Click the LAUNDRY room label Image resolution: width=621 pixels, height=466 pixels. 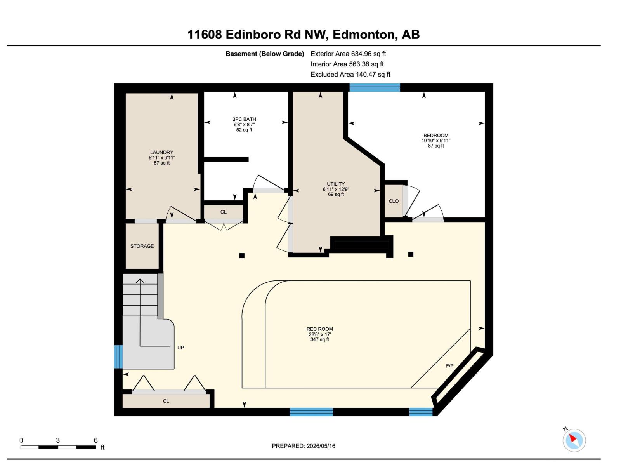tap(161, 152)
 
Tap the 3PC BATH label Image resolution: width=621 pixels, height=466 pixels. tap(244, 119)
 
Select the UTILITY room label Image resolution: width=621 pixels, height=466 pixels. tap(336, 184)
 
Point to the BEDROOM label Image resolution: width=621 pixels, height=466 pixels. tap(436, 135)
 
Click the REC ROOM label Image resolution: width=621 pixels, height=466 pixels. tap(320, 329)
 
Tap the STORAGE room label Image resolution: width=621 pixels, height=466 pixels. tap(142, 246)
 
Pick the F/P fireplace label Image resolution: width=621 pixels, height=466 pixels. tap(449, 366)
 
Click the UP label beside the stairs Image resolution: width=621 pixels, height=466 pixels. tap(180, 348)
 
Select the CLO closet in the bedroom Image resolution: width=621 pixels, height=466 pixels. tap(394, 201)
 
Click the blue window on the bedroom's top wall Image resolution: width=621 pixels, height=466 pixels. tap(375, 87)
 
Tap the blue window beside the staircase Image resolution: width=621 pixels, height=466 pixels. tap(118, 356)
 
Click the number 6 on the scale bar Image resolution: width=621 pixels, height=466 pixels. tap(95, 440)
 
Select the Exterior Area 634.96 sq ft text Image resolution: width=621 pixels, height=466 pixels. tap(348, 54)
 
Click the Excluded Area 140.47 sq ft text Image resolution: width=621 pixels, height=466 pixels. tap(350, 74)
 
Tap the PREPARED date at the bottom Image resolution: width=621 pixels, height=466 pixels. tap(304, 446)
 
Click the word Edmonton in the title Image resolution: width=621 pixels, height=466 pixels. tap(363, 35)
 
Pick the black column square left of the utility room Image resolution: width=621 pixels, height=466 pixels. tap(242, 256)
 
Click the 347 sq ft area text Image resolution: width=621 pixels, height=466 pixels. tap(320, 339)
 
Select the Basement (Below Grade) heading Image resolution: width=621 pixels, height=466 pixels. tap(265, 54)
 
